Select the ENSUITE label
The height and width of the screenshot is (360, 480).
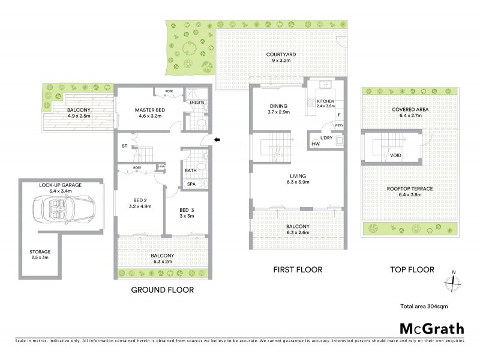(x=196, y=103)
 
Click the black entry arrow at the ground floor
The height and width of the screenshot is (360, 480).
(x=217, y=140)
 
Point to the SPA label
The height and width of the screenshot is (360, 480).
(x=191, y=184)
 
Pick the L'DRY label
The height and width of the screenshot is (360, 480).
(x=326, y=138)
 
